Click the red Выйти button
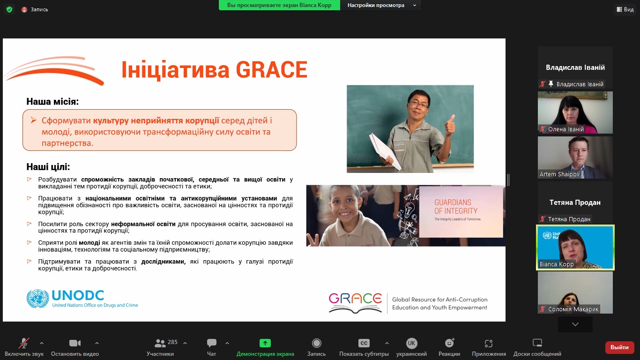click(619, 347)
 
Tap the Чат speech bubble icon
click(211, 343)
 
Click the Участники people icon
click(160, 343)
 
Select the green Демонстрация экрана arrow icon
click(265, 343)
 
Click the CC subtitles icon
click(364, 343)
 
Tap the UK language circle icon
click(411, 343)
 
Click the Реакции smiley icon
click(449, 343)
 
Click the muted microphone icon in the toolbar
click(24, 343)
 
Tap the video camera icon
click(75, 343)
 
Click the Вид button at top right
click(625, 9)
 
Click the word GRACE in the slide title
click(271, 69)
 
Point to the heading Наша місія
click(52, 102)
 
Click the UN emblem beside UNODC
click(37, 299)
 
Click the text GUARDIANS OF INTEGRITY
click(456, 207)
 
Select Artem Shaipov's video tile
click(575, 157)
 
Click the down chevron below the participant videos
click(575, 324)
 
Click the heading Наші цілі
click(48, 167)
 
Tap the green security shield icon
click(9, 9)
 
